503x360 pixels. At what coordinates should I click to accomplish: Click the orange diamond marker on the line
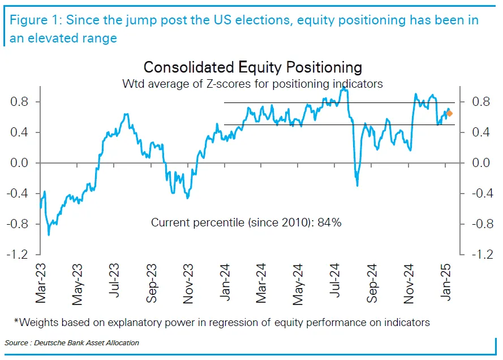point(449,114)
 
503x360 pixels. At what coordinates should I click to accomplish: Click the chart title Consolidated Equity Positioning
point(252,67)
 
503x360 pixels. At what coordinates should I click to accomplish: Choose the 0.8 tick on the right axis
point(480,102)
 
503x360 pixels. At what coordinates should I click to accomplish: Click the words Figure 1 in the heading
point(33,20)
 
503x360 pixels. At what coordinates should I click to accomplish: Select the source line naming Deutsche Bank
point(72,343)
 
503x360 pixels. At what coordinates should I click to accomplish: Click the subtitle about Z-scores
point(253,84)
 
